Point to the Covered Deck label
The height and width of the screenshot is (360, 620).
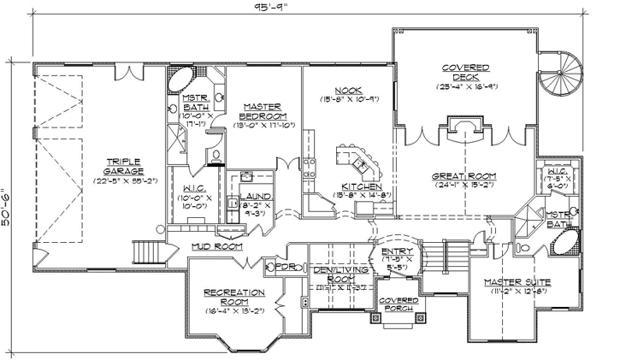(465, 73)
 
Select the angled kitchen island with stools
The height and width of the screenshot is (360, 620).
(354, 159)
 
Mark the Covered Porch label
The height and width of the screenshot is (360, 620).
(398, 305)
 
